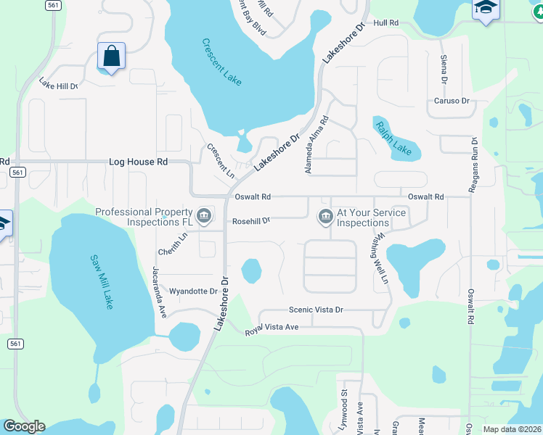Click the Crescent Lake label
pyautogui.click(x=222, y=62)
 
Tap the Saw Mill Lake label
pyautogui.click(x=102, y=281)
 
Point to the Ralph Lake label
pyautogui.click(x=393, y=138)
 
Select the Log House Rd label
pyautogui.click(x=138, y=162)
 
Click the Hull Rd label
pyautogui.click(x=386, y=23)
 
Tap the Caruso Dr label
pyautogui.click(x=452, y=101)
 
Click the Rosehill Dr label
pyautogui.click(x=250, y=220)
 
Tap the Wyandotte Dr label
pyautogui.click(x=193, y=291)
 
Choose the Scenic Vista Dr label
pyautogui.click(x=316, y=310)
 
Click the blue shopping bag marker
pyautogui.click(x=111, y=56)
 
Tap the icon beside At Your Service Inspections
pyautogui.click(x=324, y=215)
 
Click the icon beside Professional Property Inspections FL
pyautogui.click(x=205, y=215)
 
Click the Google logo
pyautogui.click(x=24, y=426)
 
